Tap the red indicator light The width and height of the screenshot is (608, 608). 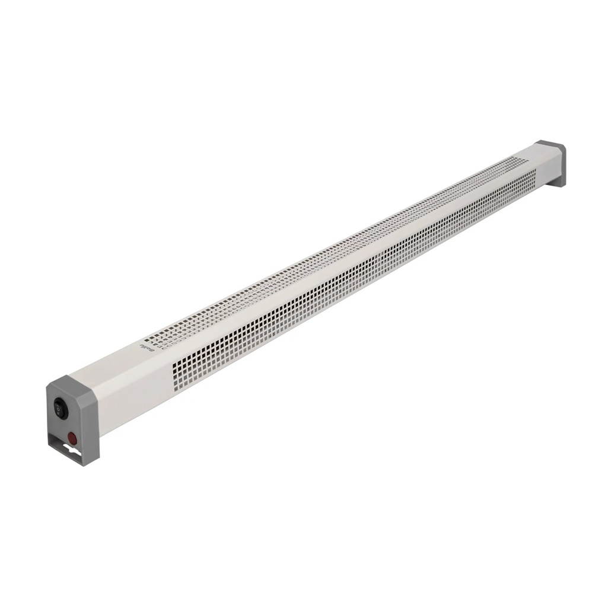(x=72, y=438)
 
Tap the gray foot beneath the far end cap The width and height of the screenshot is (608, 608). (x=558, y=182)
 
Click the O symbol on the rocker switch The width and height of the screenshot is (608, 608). (x=58, y=404)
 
